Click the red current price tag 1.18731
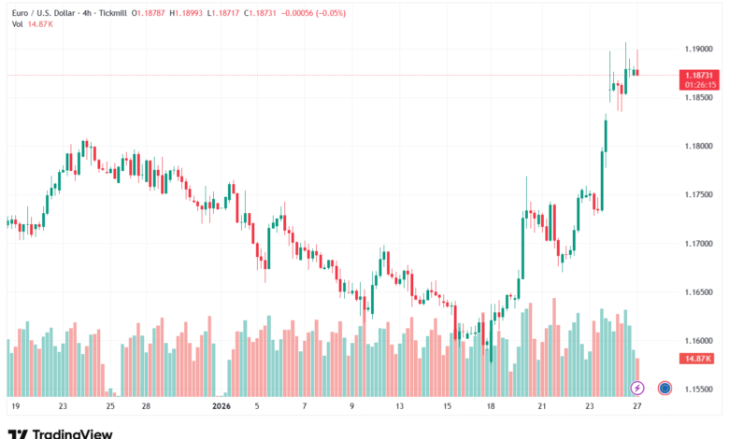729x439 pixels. pyautogui.click(x=698, y=75)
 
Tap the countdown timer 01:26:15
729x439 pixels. pyautogui.click(x=698, y=85)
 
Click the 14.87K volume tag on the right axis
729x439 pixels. pyautogui.click(x=697, y=358)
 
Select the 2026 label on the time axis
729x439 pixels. pyautogui.click(x=222, y=406)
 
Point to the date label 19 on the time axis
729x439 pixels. pyautogui.click(x=16, y=406)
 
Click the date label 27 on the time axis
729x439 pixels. pyautogui.click(x=636, y=406)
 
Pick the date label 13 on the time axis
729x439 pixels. pyautogui.click(x=399, y=406)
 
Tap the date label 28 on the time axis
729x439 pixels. pyautogui.click(x=147, y=406)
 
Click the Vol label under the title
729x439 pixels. pyautogui.click(x=17, y=25)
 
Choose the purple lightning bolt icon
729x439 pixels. pyautogui.click(x=637, y=387)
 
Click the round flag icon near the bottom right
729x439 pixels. pyautogui.click(x=665, y=387)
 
